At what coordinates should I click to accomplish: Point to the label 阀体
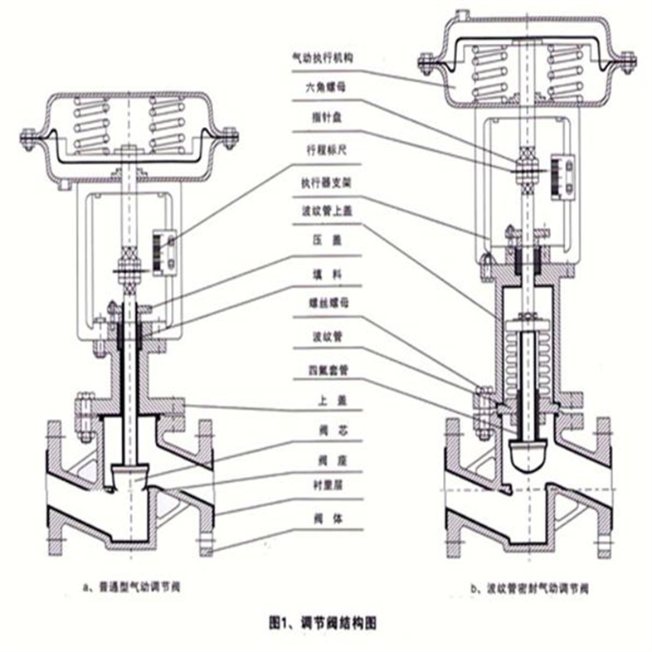320,517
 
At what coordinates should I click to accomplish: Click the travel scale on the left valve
166,252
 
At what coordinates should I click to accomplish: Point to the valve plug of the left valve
129,473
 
